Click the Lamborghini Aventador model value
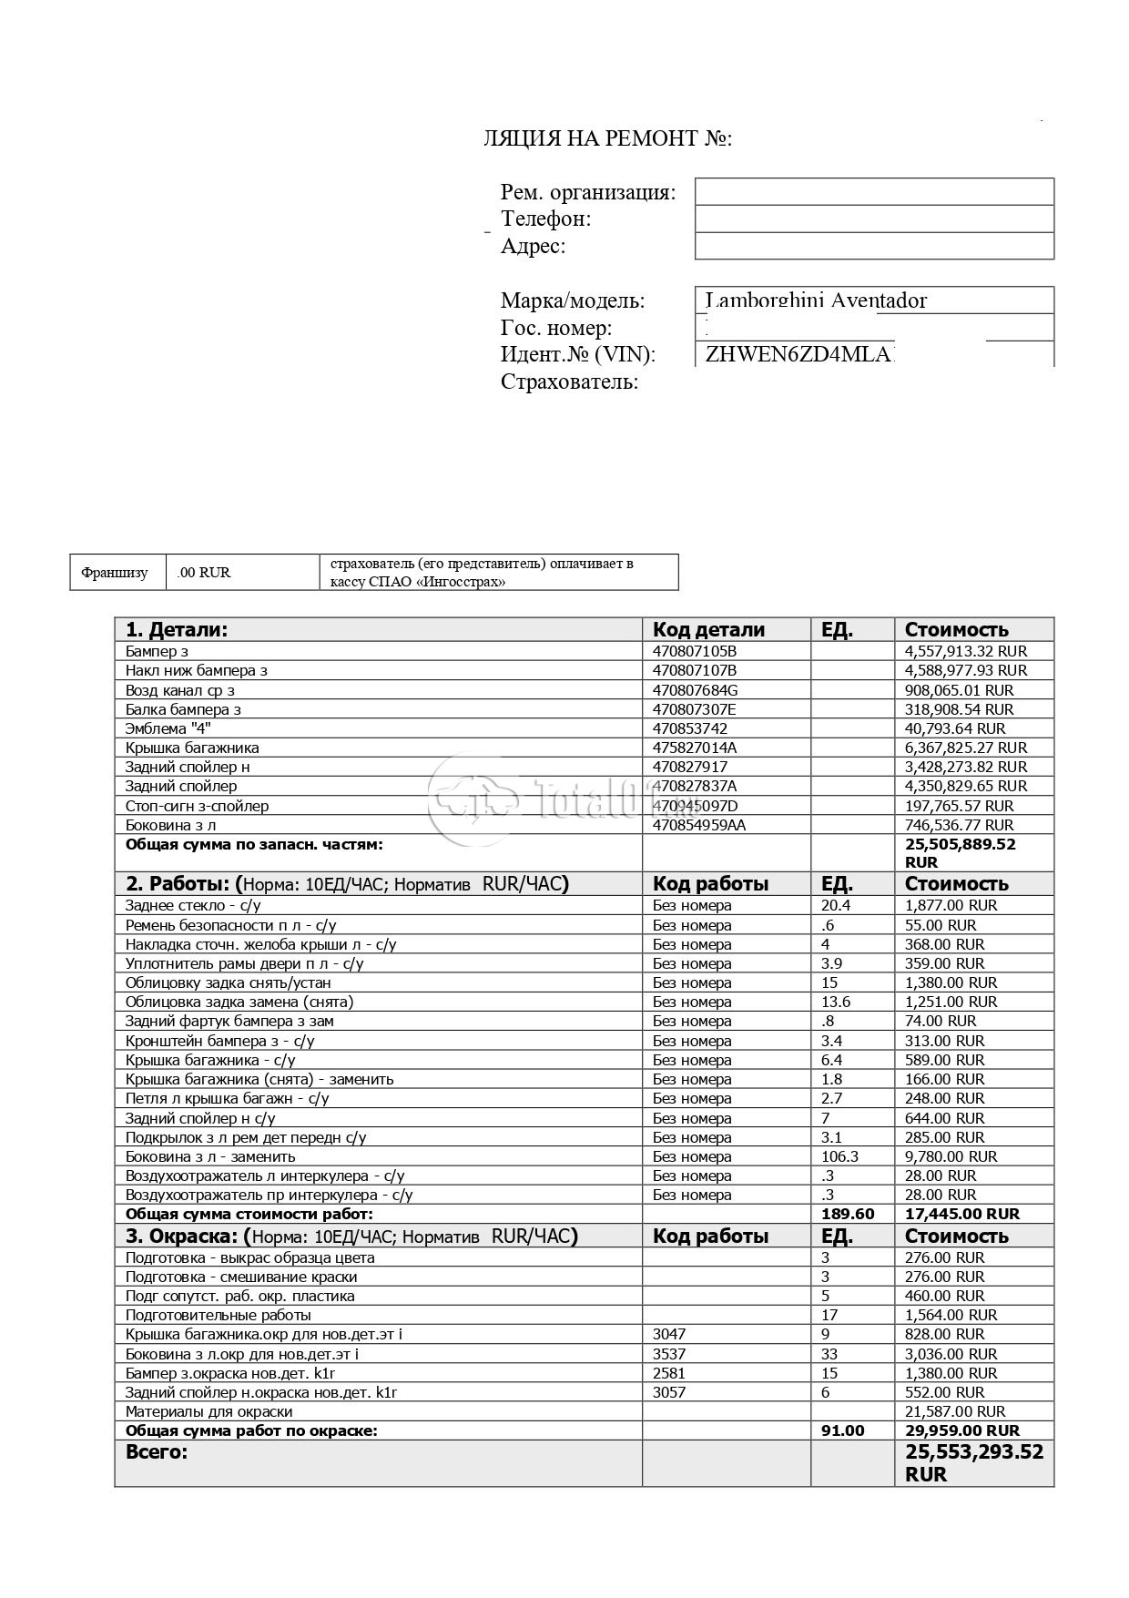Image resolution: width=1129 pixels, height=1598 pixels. (816, 300)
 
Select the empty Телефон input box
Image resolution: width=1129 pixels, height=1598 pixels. (874, 219)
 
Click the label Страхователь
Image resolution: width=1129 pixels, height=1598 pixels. (569, 382)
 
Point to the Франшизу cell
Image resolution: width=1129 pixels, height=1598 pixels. (115, 573)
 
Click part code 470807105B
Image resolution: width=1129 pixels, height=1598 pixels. (695, 651)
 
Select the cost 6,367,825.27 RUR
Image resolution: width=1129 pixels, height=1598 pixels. (965, 748)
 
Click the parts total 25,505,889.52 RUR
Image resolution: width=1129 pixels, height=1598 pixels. (960, 852)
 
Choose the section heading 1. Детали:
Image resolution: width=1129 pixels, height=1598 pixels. (177, 629)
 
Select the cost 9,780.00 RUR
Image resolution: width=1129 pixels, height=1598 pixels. (951, 1156)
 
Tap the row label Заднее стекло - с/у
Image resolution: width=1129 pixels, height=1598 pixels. (193, 905)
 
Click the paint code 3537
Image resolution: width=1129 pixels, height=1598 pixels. (669, 1354)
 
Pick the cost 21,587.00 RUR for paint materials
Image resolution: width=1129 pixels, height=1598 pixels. (952, 1411)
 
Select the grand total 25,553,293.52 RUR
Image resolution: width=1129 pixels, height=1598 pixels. (973, 1462)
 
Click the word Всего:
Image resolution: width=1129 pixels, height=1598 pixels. (156, 1452)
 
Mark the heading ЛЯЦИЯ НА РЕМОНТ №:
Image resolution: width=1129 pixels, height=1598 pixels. (607, 138)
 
